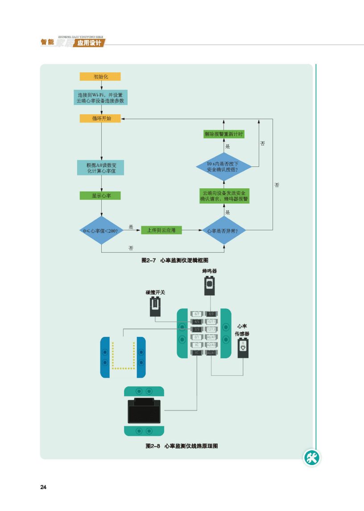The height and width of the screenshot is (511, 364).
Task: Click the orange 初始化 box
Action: click(100, 77)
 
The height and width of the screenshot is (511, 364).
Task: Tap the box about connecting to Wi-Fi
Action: click(100, 98)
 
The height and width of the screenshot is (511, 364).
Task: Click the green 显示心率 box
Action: click(100, 195)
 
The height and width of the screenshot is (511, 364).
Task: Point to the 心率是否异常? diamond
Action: click(224, 230)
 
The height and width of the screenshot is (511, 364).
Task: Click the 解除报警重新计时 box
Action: click(224, 134)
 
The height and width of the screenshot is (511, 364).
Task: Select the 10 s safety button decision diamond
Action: click(224, 166)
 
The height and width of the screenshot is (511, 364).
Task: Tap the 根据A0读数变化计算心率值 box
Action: click(100, 168)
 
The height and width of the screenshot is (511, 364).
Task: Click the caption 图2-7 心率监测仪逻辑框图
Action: click(175, 260)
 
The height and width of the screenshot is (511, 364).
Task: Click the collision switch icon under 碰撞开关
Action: click(155, 307)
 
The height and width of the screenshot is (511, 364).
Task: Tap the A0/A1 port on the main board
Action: click(211, 353)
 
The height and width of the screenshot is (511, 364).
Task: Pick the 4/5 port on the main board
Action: click(197, 321)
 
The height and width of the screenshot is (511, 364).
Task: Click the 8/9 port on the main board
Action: click(211, 314)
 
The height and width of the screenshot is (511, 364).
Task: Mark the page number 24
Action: click(43, 487)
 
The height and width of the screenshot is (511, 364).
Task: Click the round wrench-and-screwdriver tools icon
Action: click(312, 457)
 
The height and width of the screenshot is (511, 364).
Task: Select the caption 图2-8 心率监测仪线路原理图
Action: click(182, 446)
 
